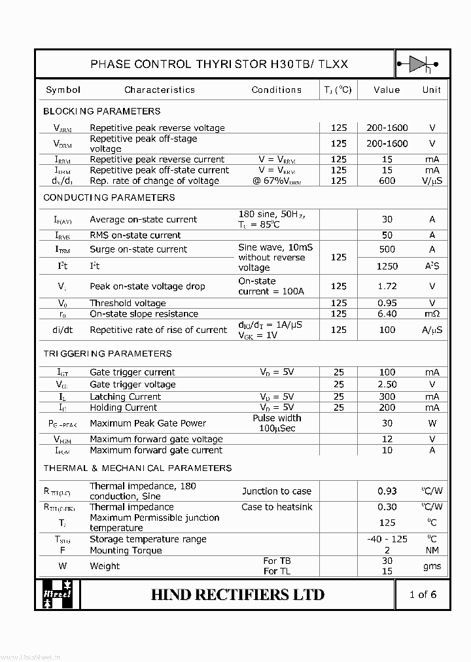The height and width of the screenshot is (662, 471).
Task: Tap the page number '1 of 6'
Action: [423, 594]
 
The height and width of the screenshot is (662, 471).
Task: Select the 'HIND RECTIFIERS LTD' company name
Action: [237, 594]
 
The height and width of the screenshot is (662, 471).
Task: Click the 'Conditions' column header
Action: [277, 90]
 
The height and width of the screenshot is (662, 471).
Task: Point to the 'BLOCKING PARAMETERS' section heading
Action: [101, 111]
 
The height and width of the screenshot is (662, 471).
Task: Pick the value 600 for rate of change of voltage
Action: [387, 181]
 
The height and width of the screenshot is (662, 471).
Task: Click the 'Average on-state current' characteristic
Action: [143, 219]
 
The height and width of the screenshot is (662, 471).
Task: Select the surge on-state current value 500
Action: [387, 249]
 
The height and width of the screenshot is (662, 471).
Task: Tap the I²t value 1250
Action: [387, 266]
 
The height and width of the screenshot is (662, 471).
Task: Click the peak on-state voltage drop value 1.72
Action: [387, 286]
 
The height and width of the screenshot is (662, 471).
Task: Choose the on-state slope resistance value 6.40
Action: [387, 314]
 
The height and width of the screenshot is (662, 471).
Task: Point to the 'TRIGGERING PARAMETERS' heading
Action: [107, 354]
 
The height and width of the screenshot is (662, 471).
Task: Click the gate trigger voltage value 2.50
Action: [387, 385]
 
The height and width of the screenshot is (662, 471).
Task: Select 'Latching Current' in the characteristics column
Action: [125, 396]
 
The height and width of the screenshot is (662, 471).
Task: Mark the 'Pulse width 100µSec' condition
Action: [277, 423]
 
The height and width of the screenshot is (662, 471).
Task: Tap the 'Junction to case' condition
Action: [277, 491]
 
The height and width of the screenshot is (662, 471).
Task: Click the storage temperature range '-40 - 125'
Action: [387, 539]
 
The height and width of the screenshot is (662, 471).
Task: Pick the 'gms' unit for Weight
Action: [432, 566]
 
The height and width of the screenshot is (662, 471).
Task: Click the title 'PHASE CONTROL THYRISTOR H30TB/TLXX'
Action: [219, 64]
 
